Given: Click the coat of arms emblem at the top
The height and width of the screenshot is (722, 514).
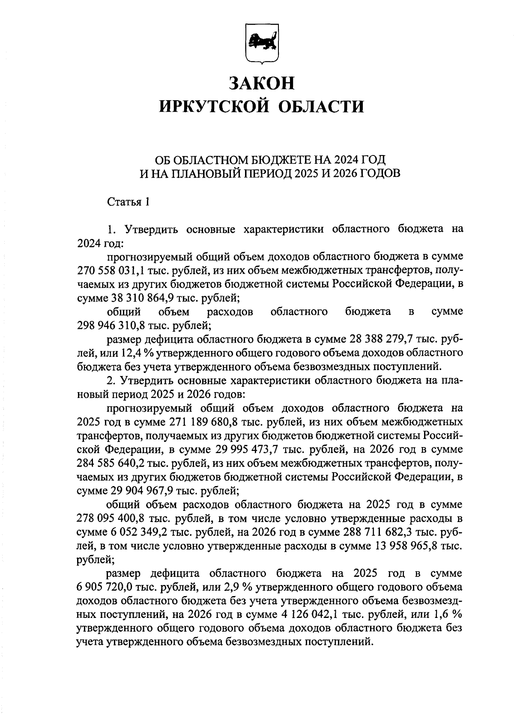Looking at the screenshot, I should click(x=261, y=44).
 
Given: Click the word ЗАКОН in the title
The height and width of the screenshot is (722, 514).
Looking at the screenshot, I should click(x=261, y=83).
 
